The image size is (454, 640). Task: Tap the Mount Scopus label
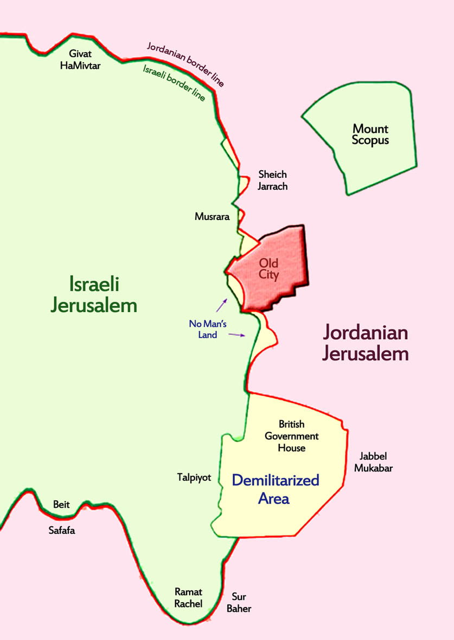pos(370,134)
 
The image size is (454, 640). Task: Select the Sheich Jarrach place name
pos(272,180)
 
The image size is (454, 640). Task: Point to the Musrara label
pos(212,217)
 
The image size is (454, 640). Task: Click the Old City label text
pos(268,269)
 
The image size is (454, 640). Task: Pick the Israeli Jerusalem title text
pos(94,294)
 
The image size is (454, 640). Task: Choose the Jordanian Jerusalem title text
pos(365,343)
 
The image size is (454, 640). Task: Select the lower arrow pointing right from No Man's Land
pos(238,335)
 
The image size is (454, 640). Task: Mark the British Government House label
pos(291,436)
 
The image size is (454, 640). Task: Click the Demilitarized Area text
pos(275,489)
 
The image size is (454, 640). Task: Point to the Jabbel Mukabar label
pos(373,462)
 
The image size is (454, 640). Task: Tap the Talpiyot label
pos(194,477)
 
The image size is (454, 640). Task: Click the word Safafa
pos(62,531)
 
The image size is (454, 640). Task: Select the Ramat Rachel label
pos(188,598)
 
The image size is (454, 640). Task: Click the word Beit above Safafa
pos(61,505)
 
